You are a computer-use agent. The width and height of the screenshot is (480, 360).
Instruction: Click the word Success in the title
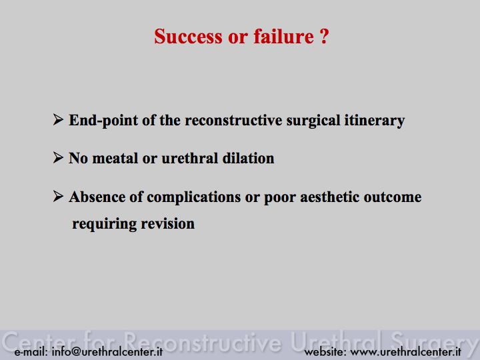click(x=188, y=37)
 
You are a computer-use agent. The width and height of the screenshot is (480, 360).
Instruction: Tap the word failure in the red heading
click(x=283, y=36)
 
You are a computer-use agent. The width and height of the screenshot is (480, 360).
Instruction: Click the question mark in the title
click(x=325, y=37)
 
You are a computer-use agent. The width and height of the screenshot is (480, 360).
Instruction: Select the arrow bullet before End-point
click(x=58, y=119)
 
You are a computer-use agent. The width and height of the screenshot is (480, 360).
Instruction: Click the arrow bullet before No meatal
click(x=58, y=157)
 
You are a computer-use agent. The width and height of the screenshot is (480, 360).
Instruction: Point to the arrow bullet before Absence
click(x=58, y=196)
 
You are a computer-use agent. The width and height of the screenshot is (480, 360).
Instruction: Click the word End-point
click(x=103, y=120)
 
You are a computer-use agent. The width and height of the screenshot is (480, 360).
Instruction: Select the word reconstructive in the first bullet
click(x=233, y=120)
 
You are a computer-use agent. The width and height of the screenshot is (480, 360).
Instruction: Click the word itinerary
click(x=375, y=121)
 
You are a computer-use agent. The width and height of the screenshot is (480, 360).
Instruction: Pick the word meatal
click(x=115, y=158)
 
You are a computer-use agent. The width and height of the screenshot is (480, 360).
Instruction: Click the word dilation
click(x=248, y=158)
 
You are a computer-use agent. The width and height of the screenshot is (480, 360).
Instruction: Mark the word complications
click(x=194, y=197)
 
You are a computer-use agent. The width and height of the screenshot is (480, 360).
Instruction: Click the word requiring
click(x=105, y=225)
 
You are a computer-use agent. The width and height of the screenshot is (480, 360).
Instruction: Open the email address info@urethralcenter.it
click(x=107, y=351)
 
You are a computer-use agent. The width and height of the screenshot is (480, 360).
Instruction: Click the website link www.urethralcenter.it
click(x=405, y=351)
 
